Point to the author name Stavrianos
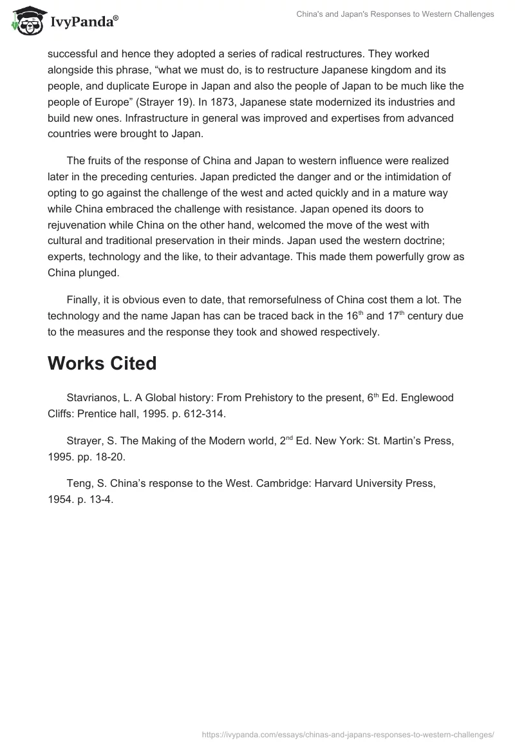tap(94, 398)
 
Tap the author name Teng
tap(80, 484)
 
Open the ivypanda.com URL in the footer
tap(348, 733)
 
